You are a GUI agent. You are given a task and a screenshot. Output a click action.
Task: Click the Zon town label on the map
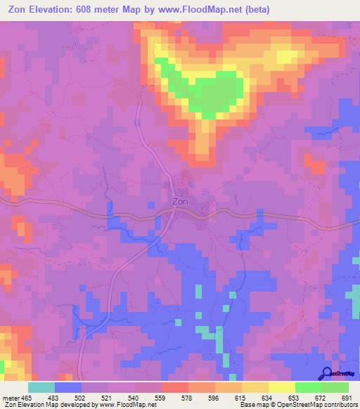[x=180, y=202]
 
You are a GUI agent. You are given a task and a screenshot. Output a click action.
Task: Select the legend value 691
[x=347, y=398]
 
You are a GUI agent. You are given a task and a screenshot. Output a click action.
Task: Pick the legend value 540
[x=134, y=398]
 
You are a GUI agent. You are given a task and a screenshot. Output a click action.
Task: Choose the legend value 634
[x=267, y=398]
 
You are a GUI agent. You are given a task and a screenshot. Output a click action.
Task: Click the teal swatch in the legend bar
[x=41, y=387]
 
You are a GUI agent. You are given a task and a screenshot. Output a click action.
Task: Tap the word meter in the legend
[x=11, y=398]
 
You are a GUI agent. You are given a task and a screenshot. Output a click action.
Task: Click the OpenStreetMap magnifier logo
[x=328, y=372]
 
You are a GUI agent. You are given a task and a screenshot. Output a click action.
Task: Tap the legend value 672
[x=321, y=398]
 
